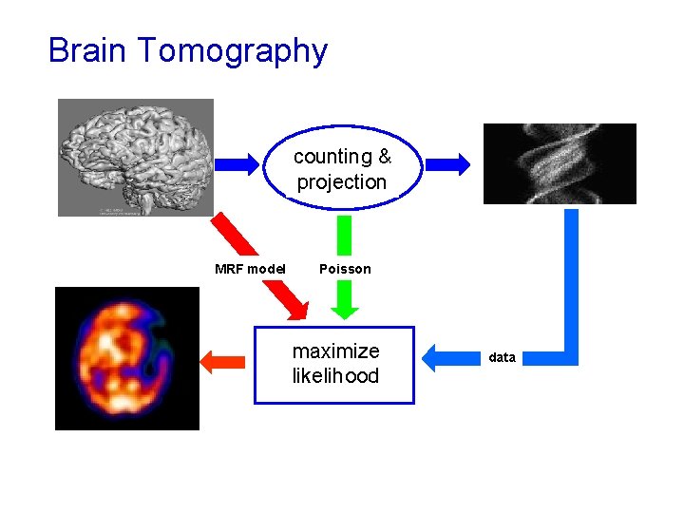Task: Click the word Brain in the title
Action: pyautogui.click(x=87, y=50)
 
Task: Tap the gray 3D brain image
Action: pyautogui.click(x=136, y=157)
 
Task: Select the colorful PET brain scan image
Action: pyautogui.click(x=127, y=358)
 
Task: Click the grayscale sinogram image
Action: pyautogui.click(x=560, y=163)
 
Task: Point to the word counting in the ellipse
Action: pyautogui.click(x=332, y=157)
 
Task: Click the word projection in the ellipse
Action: pyautogui.click(x=342, y=181)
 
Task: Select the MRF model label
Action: pyautogui.click(x=251, y=269)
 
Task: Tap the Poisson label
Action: pyautogui.click(x=345, y=269)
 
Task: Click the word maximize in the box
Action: pyautogui.click(x=335, y=351)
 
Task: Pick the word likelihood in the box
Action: pyautogui.click(x=335, y=376)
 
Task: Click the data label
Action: pyautogui.click(x=502, y=358)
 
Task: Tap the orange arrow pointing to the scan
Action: pyautogui.click(x=222, y=360)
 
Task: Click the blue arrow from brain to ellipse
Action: pyautogui.click(x=237, y=164)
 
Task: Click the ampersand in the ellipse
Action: pyautogui.click(x=384, y=157)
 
